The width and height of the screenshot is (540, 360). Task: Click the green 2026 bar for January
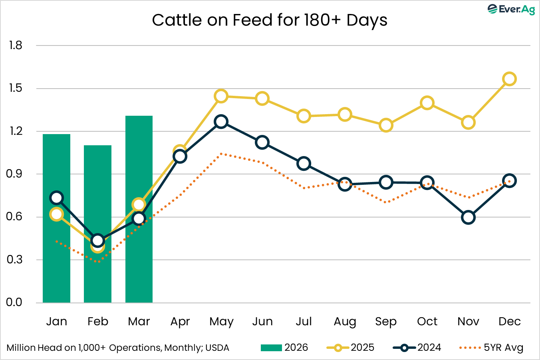point(56,247)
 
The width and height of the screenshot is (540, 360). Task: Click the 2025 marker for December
point(509,79)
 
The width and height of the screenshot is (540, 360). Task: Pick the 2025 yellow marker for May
point(221,96)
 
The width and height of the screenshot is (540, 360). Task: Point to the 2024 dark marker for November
point(468,218)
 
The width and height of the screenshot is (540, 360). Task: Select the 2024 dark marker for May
point(221,122)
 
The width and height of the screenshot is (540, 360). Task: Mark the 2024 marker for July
point(304,163)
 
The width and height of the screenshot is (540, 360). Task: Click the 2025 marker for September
point(386,125)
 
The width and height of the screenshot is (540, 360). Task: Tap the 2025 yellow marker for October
point(427,103)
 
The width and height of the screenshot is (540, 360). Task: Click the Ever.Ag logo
point(511,9)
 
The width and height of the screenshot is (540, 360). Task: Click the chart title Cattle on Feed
point(270,20)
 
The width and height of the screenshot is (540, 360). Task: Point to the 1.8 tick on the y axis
point(16,45)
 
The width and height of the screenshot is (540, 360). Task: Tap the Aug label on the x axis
point(345,322)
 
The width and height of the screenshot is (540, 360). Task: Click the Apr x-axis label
point(180,322)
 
